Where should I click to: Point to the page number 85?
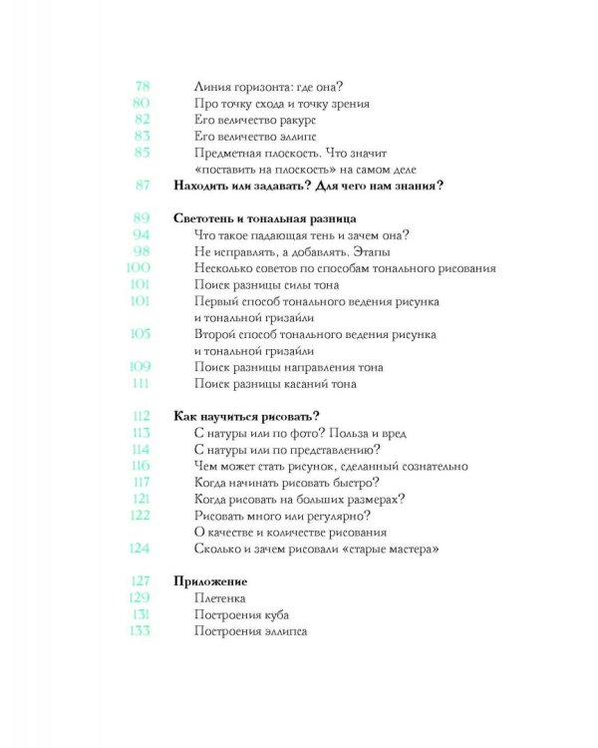point(142,152)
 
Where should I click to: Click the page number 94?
point(142,235)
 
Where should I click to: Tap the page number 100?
point(139,268)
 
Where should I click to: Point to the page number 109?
point(140,367)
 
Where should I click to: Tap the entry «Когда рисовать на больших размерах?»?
point(306,499)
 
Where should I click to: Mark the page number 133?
point(140,631)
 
